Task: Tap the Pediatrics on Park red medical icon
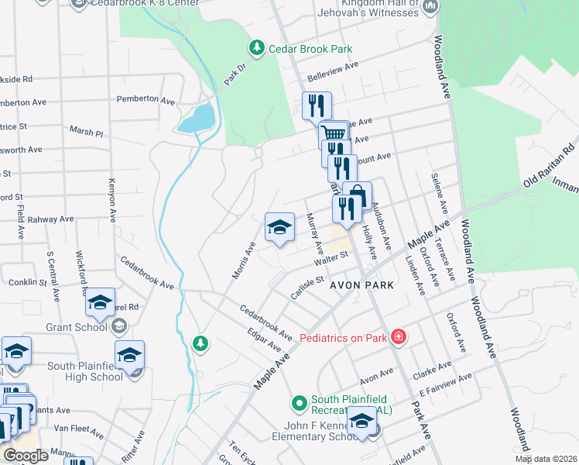[x=398, y=337]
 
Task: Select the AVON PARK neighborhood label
[x=362, y=285]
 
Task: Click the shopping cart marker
[x=333, y=133]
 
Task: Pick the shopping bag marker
[x=357, y=195]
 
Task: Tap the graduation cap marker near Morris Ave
[x=279, y=226]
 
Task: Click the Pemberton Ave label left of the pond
[x=146, y=100]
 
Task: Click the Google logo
[x=26, y=456]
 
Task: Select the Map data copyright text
[x=546, y=459]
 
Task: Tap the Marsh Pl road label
[x=86, y=133]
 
